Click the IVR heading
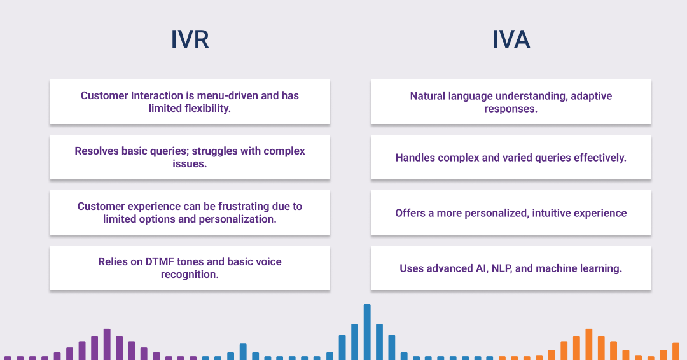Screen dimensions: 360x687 [x=190, y=39]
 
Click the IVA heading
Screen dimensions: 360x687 [x=511, y=39]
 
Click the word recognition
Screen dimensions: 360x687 [x=190, y=274]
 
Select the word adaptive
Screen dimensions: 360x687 [x=591, y=96]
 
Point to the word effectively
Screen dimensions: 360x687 [x=595, y=157]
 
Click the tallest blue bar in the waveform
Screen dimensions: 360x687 [x=367, y=331]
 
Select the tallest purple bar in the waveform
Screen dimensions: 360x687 [x=107, y=343]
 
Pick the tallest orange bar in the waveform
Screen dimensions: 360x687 [x=589, y=343]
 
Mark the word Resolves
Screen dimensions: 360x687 [x=96, y=151]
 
